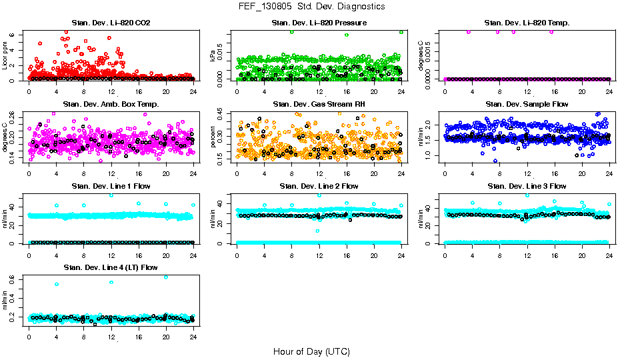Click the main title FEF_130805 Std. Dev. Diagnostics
pos(311,7)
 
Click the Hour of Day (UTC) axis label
pos(311,351)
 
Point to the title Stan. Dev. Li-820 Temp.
pos(527,23)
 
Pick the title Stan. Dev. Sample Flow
pos(527,104)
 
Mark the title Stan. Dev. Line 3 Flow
pos(527,186)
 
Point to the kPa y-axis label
pos(213,57)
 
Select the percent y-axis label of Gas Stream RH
pos(213,137)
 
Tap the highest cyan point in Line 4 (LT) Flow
pos(165,277)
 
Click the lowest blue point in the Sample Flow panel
pos(495,161)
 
